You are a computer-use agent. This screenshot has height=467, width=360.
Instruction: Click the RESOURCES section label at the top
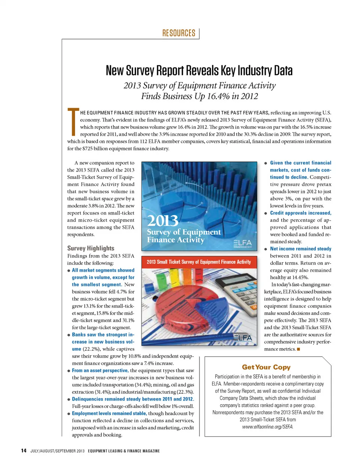178,33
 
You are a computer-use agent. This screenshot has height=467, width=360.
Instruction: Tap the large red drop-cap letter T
73,122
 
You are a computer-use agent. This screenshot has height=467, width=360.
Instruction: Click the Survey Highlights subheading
91,248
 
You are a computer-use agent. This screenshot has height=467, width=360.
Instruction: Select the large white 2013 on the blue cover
163,221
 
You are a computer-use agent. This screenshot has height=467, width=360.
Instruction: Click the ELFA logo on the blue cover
243,243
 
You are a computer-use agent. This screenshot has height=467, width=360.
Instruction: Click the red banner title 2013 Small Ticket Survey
199,262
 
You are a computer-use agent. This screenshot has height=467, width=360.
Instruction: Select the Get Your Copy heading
266,367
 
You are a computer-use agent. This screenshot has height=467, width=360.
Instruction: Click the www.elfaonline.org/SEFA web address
267,427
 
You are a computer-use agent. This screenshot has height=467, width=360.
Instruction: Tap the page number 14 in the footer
24,450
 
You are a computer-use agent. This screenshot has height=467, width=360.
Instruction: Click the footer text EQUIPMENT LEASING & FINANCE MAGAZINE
124,451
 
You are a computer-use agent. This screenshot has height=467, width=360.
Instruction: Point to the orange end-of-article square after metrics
298,349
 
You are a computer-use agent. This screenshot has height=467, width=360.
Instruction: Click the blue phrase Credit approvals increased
300,213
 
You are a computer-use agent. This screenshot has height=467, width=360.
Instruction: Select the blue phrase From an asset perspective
100,371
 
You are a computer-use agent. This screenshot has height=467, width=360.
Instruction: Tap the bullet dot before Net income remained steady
266,249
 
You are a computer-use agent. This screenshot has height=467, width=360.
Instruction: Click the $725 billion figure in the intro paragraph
97,149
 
